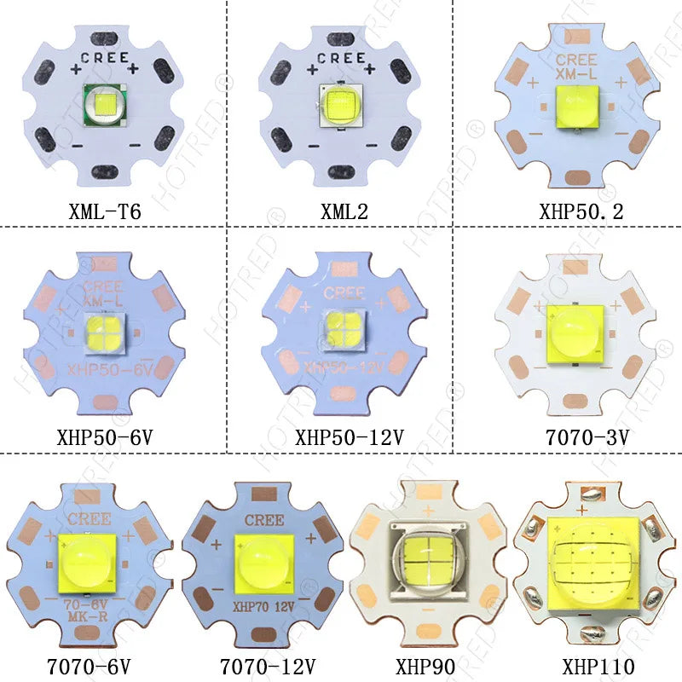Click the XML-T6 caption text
[105, 210]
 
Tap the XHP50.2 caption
[581, 210]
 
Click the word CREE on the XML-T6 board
[105, 58]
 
